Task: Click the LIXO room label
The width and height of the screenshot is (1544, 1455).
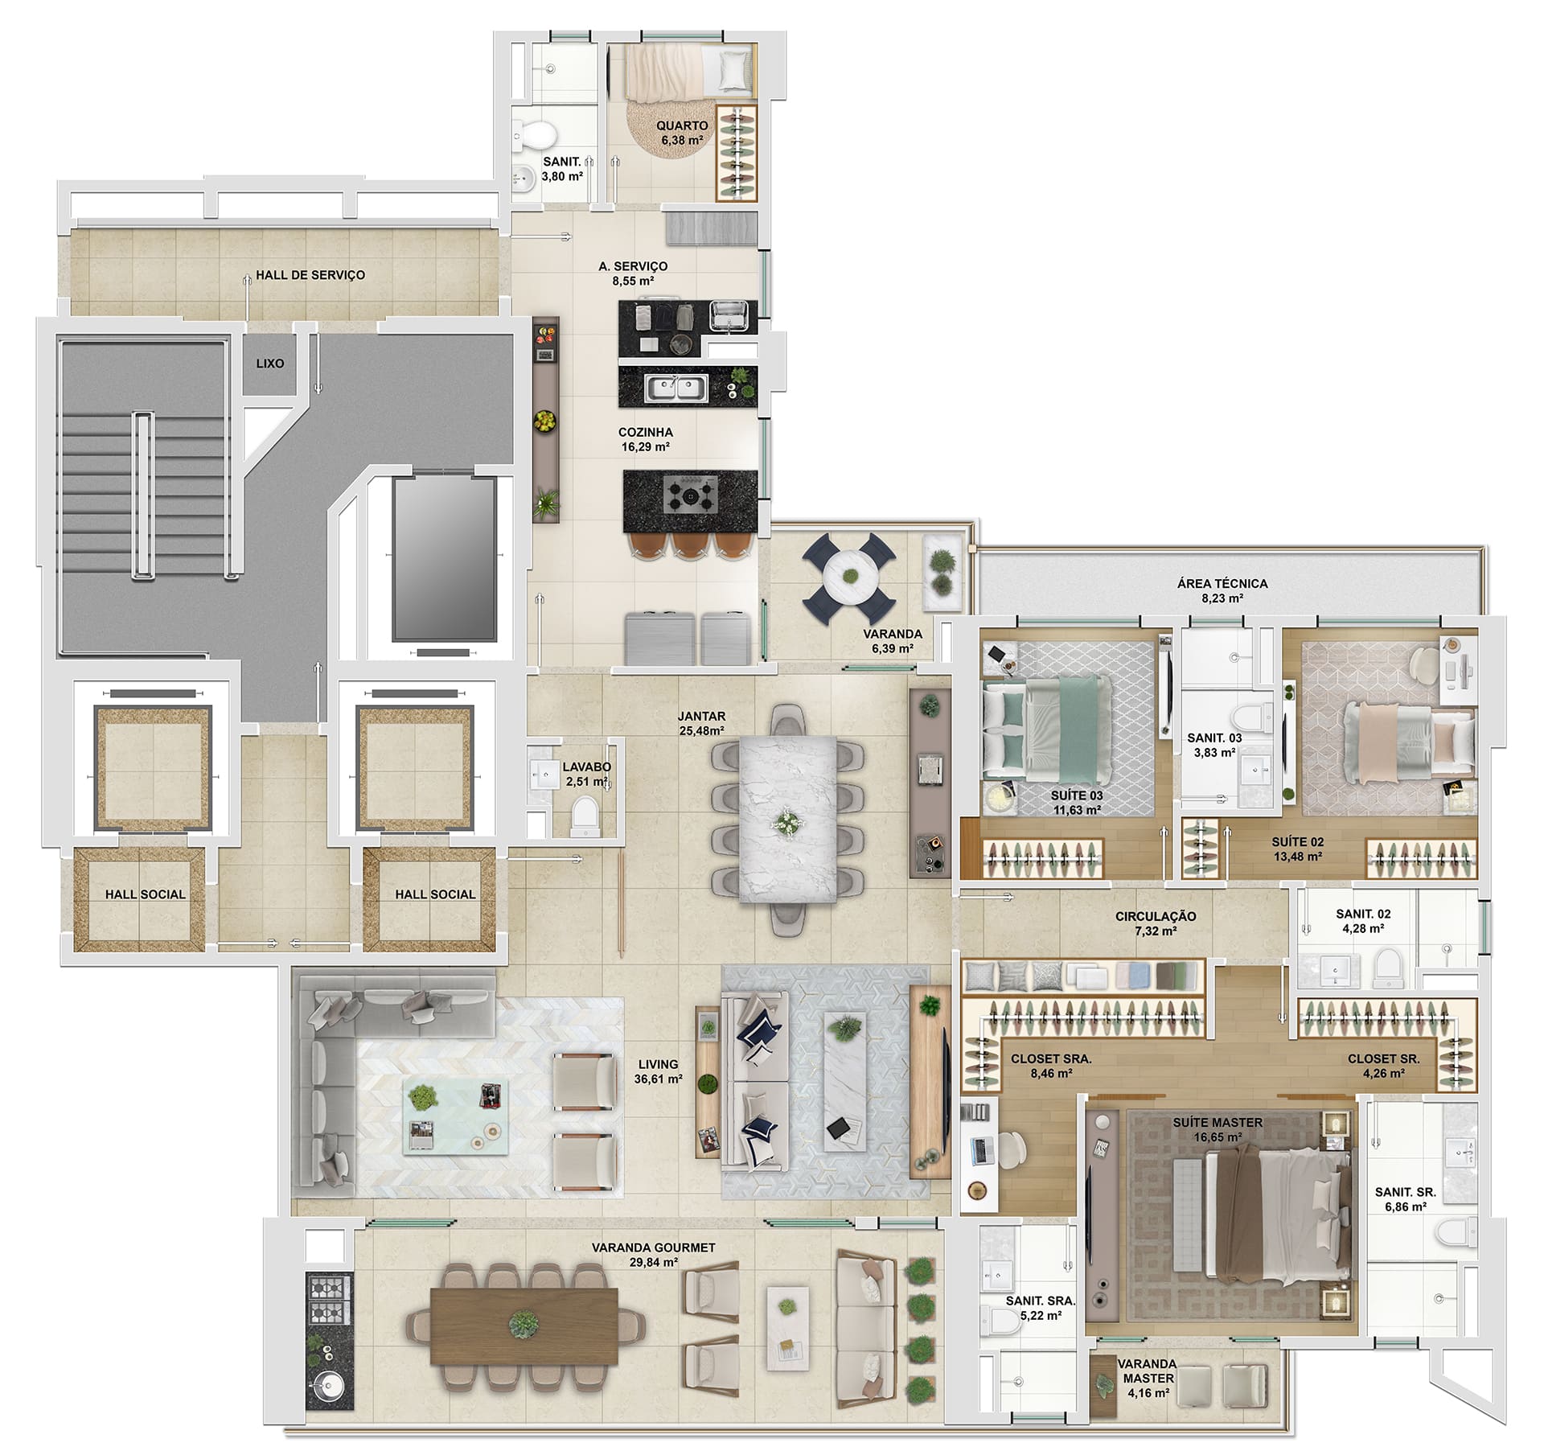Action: coord(269,364)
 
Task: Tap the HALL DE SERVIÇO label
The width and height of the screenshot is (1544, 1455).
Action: coord(310,275)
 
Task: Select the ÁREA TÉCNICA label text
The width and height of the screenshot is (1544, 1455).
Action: coord(1222,583)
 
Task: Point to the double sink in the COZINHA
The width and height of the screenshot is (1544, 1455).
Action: coord(675,389)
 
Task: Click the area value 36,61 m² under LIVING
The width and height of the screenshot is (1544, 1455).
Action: coord(658,1079)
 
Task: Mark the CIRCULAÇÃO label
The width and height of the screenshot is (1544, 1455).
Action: coord(1156,916)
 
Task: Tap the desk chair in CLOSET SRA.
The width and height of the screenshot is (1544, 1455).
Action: coord(1012,1149)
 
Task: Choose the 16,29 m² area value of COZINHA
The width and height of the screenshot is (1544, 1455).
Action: coord(645,447)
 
